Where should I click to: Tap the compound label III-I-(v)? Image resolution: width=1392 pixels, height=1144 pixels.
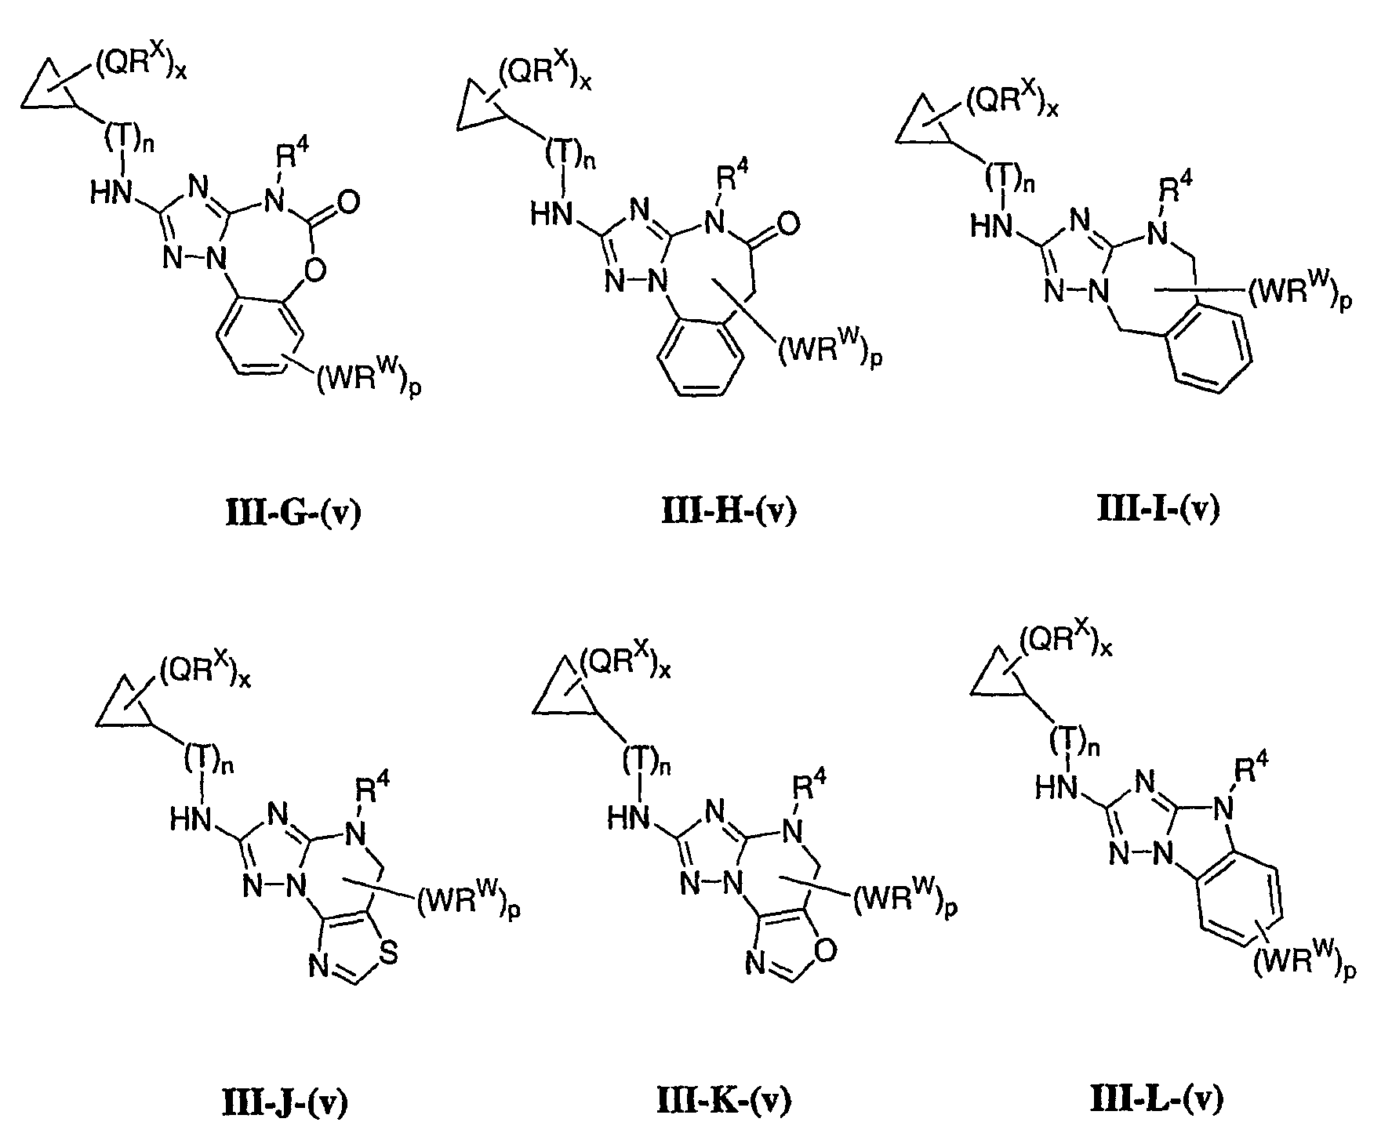click(1158, 510)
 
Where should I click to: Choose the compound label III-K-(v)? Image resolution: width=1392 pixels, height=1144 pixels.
click(723, 1101)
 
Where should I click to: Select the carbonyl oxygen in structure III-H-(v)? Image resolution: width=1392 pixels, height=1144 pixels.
click(789, 225)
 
